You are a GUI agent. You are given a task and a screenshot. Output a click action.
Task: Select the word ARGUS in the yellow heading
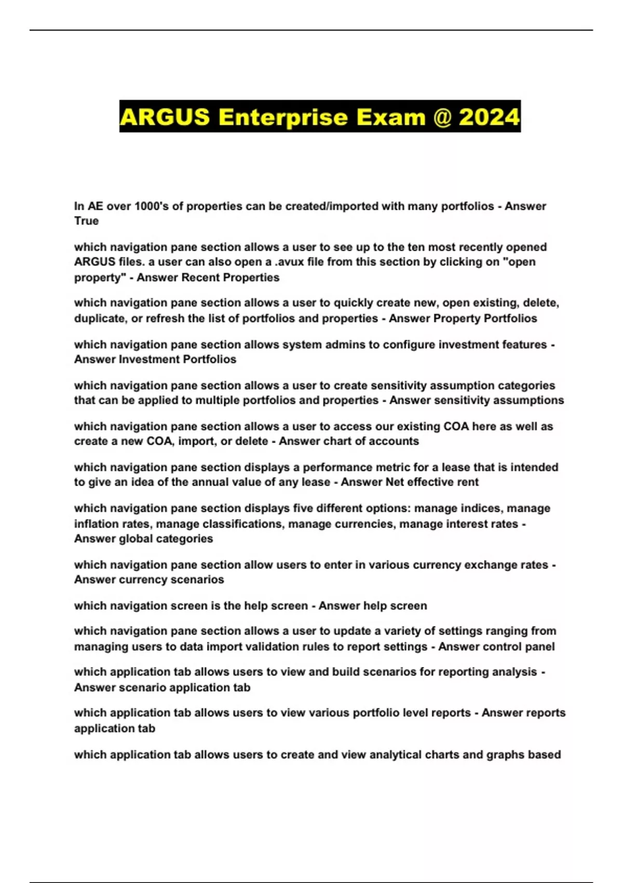coord(165,117)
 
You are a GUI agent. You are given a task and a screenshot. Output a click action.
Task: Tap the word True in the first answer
coord(86,221)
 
